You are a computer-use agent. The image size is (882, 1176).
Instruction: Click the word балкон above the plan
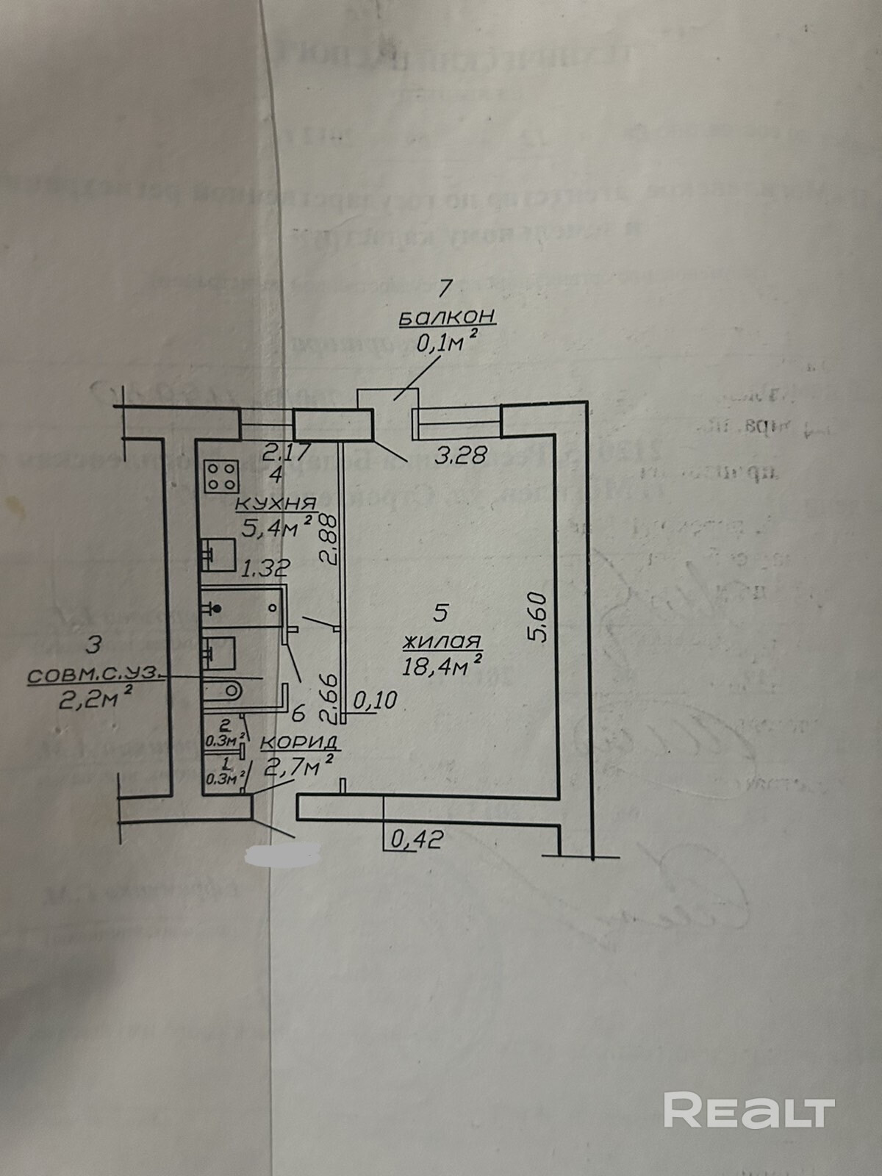pyautogui.click(x=447, y=318)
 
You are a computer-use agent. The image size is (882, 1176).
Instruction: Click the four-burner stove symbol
pyautogui.click(x=221, y=476)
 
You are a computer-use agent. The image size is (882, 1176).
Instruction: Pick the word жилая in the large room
pyautogui.click(x=441, y=642)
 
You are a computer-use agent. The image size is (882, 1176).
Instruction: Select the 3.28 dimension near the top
pyautogui.click(x=461, y=456)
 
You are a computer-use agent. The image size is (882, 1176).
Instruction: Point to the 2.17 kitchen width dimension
pyautogui.click(x=283, y=450)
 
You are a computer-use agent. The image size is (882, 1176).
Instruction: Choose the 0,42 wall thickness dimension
pyautogui.click(x=417, y=839)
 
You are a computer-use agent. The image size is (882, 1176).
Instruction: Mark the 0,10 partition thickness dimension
pyautogui.click(x=375, y=700)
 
